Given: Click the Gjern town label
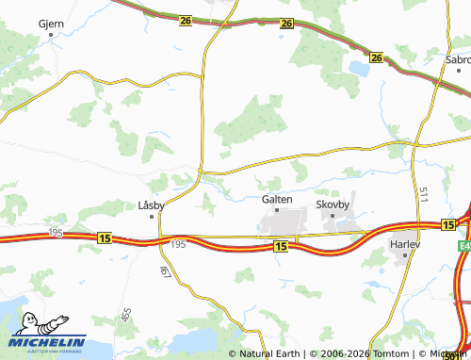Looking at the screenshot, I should (x=50, y=22).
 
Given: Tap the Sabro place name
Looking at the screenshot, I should (x=458, y=58).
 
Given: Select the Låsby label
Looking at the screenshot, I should (x=151, y=204).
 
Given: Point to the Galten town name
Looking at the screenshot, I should (x=277, y=199).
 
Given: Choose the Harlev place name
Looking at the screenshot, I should (x=404, y=243).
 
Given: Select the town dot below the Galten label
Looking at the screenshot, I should (x=277, y=211).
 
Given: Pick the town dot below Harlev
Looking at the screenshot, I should (x=404, y=254).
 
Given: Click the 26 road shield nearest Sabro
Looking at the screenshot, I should (x=377, y=58).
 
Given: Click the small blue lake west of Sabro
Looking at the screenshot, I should (x=358, y=68).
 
